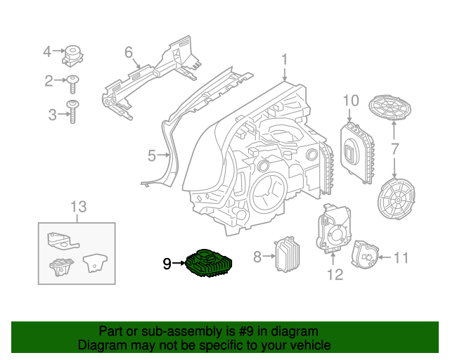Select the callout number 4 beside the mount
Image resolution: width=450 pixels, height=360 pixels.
pyautogui.click(x=48, y=51)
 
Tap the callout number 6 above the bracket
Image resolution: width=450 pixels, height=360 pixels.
pyautogui.click(x=129, y=52)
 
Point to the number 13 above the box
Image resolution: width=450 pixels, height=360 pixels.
pyautogui.click(x=78, y=206)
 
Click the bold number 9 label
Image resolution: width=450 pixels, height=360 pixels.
pyautogui.click(x=166, y=264)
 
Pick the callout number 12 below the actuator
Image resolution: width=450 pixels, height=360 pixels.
pyautogui.click(x=335, y=274)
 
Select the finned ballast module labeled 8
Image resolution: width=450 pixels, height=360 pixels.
pyautogui.click(x=286, y=256)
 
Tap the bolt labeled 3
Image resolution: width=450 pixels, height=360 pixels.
pyautogui.click(x=72, y=112)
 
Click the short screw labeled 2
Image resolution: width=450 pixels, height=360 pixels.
pyautogui.click(x=72, y=82)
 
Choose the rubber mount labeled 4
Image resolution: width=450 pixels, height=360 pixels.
pyautogui.click(x=72, y=54)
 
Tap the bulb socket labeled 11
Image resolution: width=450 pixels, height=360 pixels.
pyautogui.click(x=365, y=257)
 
